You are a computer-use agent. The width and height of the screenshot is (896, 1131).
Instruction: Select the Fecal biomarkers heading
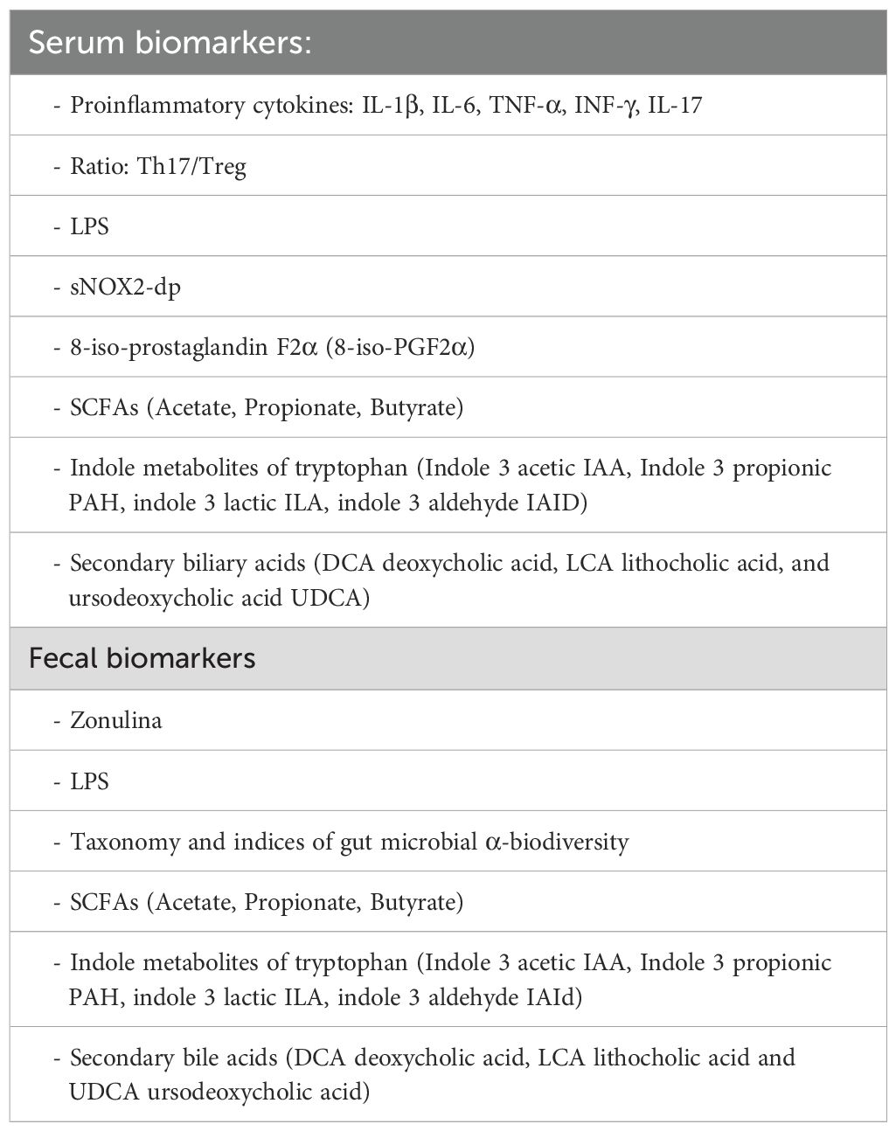coord(142,657)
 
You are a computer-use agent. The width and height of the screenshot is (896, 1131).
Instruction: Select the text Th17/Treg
coord(191,166)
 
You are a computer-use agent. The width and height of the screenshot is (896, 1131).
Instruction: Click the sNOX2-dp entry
coord(125,287)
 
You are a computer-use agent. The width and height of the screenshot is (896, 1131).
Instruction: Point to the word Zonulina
coord(115,721)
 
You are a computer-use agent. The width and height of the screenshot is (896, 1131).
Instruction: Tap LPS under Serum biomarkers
coord(89,226)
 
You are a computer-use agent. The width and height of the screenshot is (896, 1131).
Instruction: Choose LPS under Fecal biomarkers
coord(89,781)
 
